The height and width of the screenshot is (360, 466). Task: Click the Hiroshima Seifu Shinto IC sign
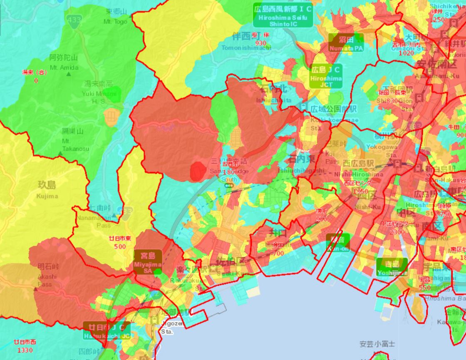[x=283, y=15]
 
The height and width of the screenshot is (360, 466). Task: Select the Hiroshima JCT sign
[x=326, y=76]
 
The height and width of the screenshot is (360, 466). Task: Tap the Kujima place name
[x=47, y=190]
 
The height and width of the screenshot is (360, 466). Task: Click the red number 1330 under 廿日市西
[x=25, y=350]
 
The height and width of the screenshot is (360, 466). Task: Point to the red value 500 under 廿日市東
[x=120, y=246]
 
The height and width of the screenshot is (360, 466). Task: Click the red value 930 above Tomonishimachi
[x=261, y=43]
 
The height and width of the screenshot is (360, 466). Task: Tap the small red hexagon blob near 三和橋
[x=197, y=172]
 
